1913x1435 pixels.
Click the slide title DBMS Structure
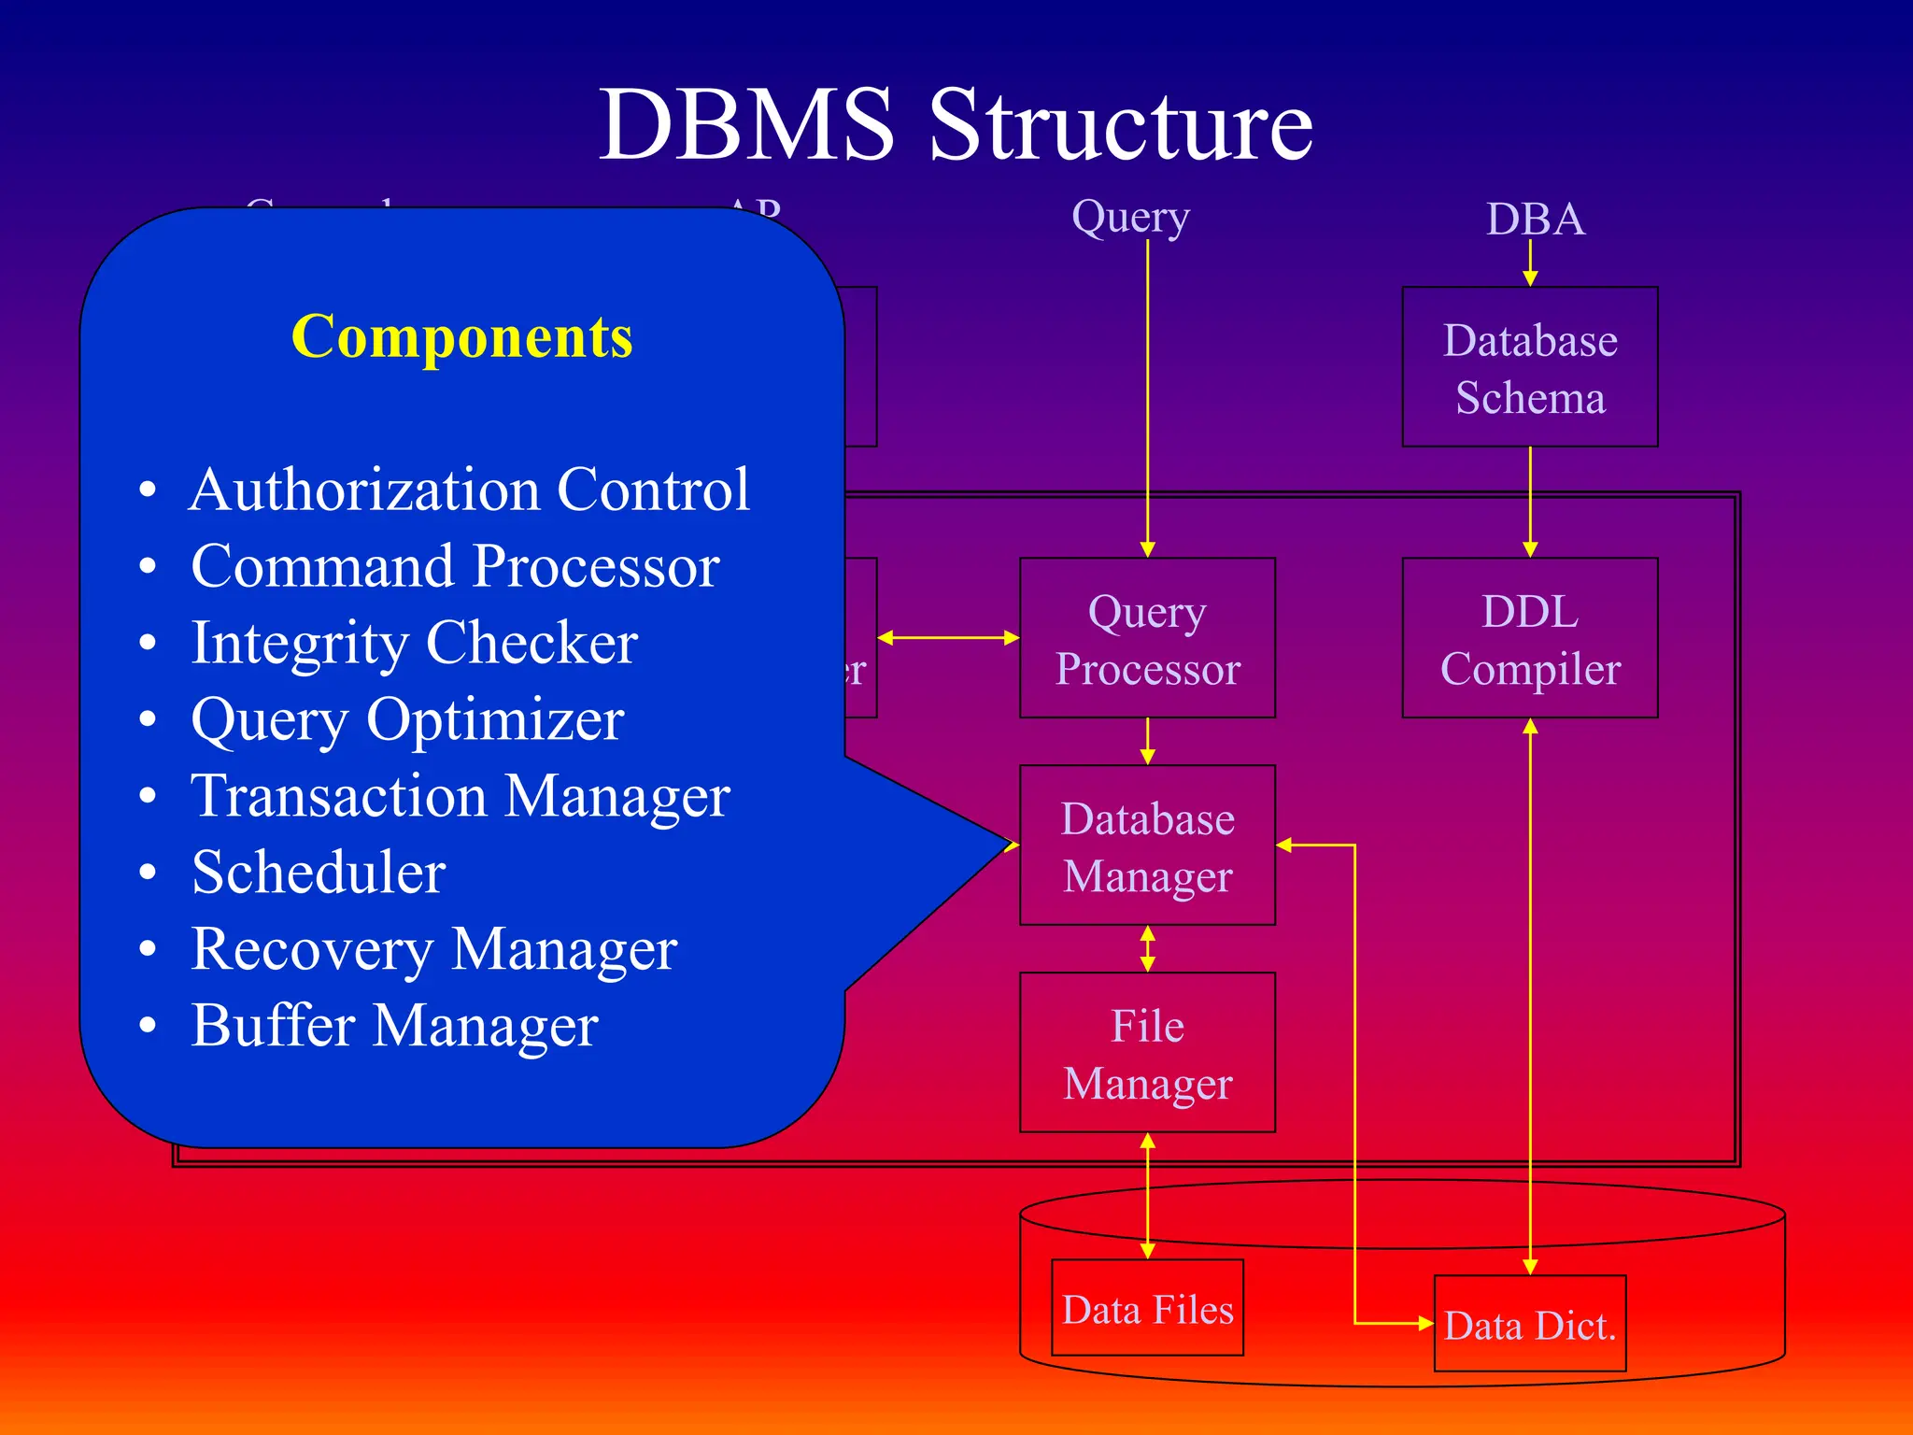click(955, 124)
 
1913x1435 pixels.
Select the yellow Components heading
click(461, 336)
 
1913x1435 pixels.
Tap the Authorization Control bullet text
click(469, 490)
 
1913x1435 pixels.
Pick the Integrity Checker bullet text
click(414, 643)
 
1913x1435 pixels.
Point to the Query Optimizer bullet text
click(407, 719)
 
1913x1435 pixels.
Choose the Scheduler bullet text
click(319, 873)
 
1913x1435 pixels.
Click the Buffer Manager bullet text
click(394, 1026)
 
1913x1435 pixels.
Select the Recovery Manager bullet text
click(433, 949)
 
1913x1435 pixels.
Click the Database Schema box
click(1529, 367)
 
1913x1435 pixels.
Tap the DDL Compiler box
click(1529, 638)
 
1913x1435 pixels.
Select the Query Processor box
click(1147, 638)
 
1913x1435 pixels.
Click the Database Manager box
click(1147, 845)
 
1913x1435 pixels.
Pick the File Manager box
click(1147, 1053)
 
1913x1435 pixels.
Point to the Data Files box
click(1147, 1308)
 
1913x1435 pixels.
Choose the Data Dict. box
click(1529, 1324)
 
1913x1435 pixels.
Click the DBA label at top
click(1535, 220)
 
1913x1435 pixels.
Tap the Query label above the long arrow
click(1130, 217)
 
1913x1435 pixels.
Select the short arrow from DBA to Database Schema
click(1530, 263)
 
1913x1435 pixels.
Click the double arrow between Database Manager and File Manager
click(1148, 949)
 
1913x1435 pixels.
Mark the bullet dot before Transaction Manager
click(148, 796)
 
